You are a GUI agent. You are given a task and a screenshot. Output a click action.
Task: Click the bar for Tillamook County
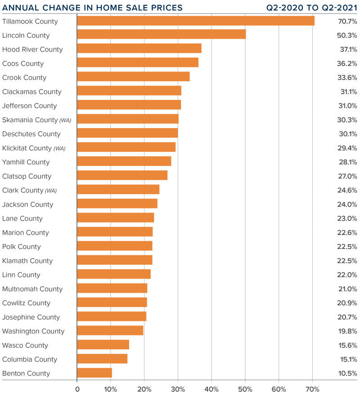[196, 21]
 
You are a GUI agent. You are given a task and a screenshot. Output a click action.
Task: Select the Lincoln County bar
[162, 35]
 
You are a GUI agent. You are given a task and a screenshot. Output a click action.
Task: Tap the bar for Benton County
[94, 373]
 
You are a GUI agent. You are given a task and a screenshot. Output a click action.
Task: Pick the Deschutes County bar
[127, 134]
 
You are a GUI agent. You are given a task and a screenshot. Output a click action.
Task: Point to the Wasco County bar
[103, 345]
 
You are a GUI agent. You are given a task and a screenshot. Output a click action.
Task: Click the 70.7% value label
[347, 21]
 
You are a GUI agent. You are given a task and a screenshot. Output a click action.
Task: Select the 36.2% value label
[347, 63]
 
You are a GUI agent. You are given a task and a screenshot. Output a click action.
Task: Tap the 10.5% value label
[347, 373]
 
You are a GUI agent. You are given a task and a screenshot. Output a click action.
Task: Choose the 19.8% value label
[347, 331]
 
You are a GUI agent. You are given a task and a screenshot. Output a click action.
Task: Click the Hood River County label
[32, 49]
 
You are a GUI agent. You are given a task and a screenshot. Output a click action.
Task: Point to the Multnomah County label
[32, 289]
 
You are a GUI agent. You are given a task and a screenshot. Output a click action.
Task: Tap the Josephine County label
[31, 317]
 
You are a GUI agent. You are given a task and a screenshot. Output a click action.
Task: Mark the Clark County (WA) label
[30, 190]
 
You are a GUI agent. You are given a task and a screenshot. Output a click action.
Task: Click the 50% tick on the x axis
[245, 389]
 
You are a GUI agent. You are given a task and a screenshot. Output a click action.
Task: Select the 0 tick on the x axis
[77, 389]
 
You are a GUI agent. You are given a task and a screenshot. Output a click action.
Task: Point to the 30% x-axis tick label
[178, 389]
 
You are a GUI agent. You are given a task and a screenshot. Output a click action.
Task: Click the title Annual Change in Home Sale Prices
[93, 8]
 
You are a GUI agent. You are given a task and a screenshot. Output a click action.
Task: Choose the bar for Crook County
[133, 77]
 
